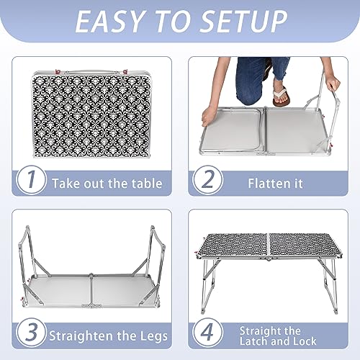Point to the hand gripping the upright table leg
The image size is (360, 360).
(332, 84)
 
